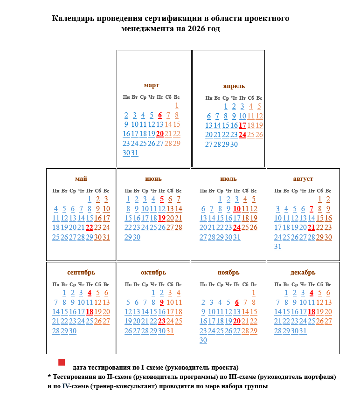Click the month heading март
[x=152, y=85]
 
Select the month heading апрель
[x=234, y=86]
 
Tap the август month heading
[x=303, y=179]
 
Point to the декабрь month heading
[x=303, y=273]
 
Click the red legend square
[x=62, y=362]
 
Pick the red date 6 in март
[x=160, y=115]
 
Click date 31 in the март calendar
[x=135, y=153]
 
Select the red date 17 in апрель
[x=242, y=125]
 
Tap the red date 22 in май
[x=90, y=227]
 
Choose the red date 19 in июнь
[x=162, y=218]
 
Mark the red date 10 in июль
[x=237, y=209]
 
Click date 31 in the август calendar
[x=278, y=247]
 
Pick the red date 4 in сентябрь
[x=90, y=293]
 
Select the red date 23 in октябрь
[x=162, y=321]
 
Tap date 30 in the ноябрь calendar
[x=203, y=340]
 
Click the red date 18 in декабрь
[x=312, y=312]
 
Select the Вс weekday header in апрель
[x=259, y=98]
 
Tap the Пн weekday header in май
[x=56, y=191]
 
